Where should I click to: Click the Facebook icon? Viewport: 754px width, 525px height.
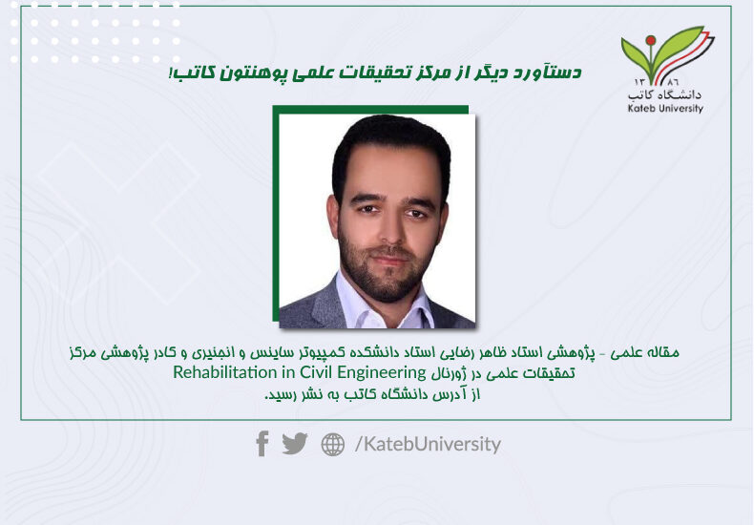click(x=262, y=443)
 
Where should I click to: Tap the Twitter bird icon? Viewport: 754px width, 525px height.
click(x=294, y=443)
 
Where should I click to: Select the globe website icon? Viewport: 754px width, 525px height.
click(x=333, y=444)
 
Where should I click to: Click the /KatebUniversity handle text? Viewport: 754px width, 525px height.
click(x=428, y=444)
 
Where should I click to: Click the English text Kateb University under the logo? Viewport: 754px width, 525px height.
click(x=665, y=108)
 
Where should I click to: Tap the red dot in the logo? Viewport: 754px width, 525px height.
click(x=651, y=40)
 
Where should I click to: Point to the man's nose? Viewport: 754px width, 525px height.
click(x=389, y=230)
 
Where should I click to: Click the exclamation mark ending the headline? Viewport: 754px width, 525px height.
click(x=171, y=73)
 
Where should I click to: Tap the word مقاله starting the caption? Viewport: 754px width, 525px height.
click(x=664, y=352)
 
